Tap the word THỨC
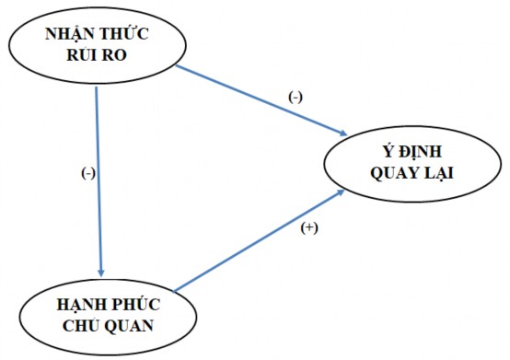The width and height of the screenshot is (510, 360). click(x=126, y=35)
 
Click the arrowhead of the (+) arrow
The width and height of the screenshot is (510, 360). click(x=342, y=192)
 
